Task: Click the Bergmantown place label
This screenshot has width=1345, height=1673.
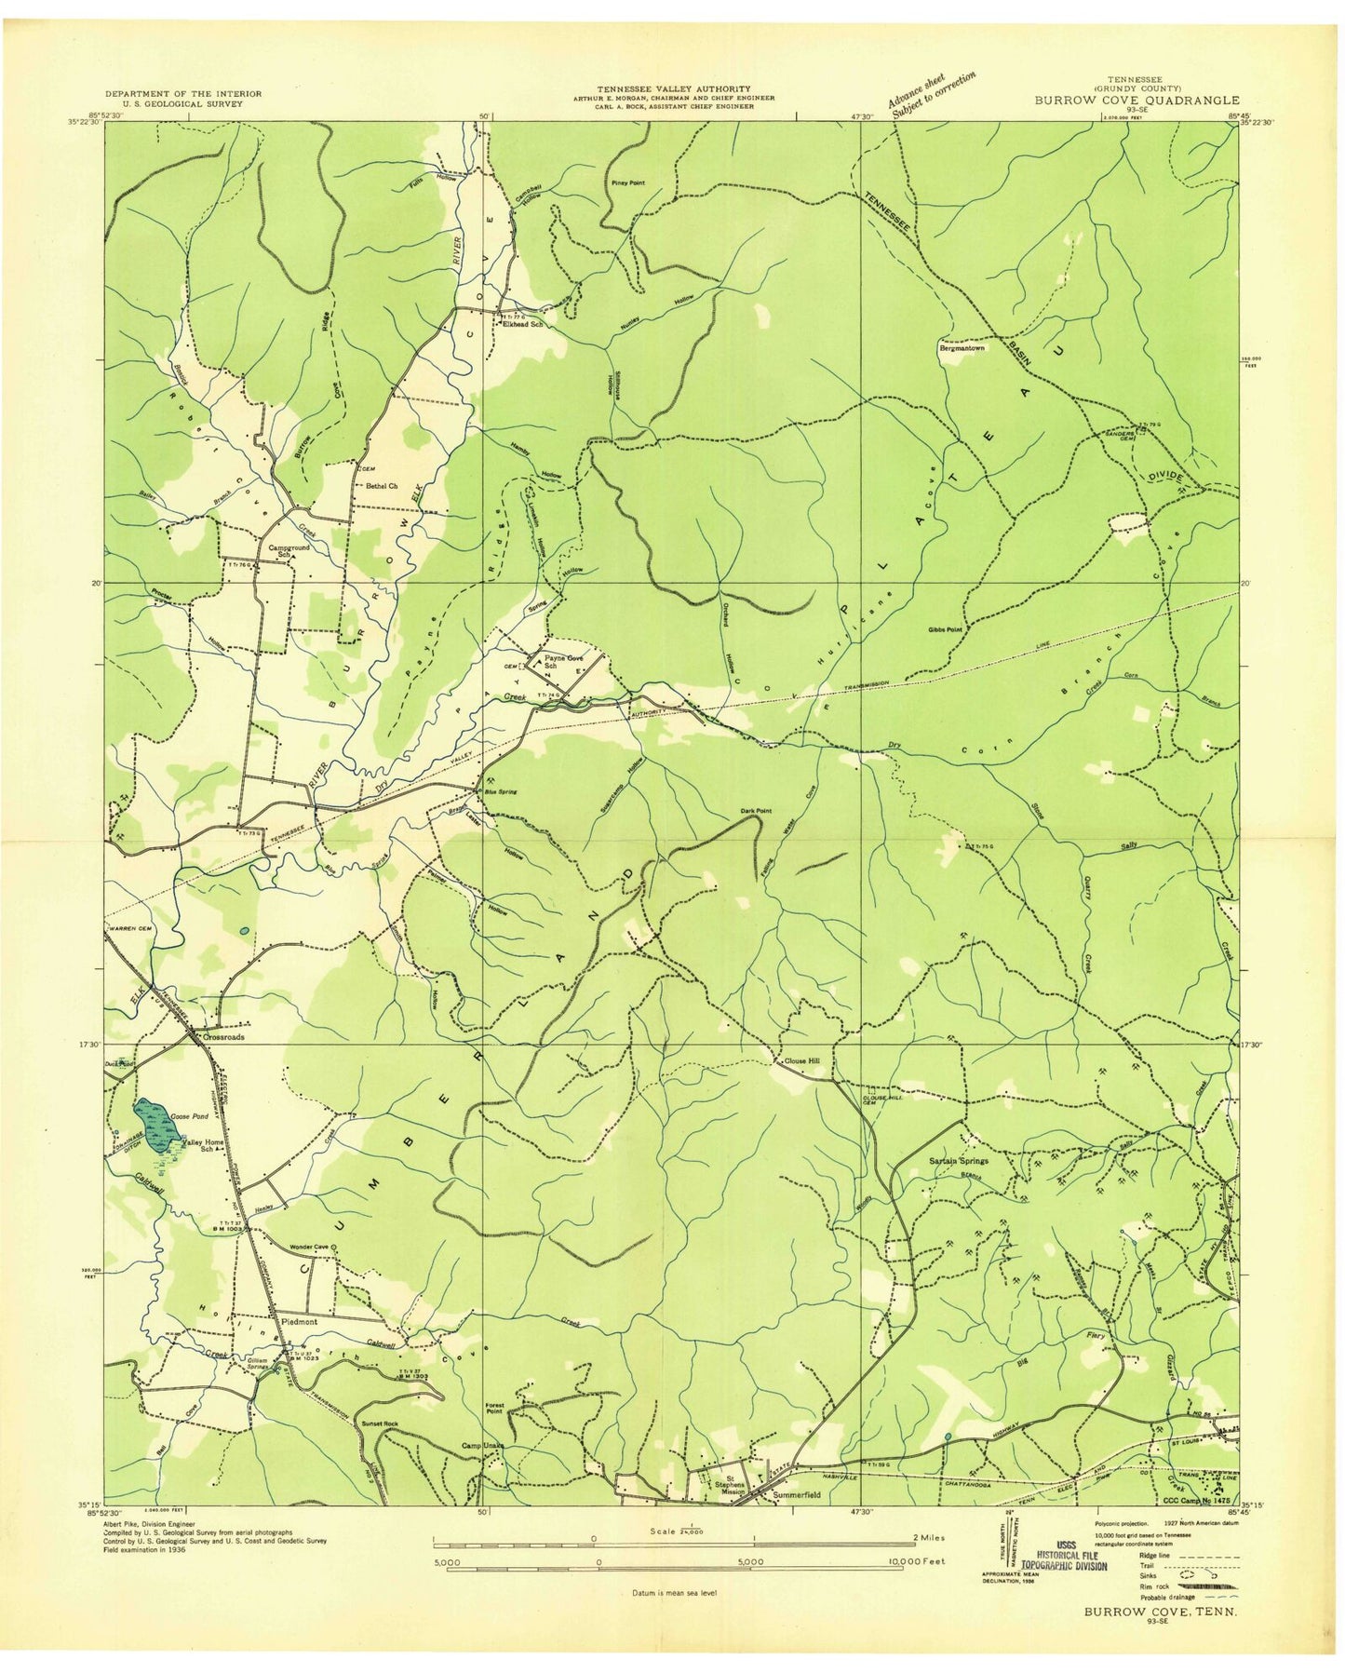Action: click(x=962, y=348)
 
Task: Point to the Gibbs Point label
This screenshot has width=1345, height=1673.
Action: click(x=943, y=630)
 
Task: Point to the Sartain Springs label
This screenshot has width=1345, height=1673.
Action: click(x=960, y=1161)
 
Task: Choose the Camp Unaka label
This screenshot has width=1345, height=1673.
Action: click(x=482, y=1472)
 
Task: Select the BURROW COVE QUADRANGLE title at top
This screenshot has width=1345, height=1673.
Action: click(x=1136, y=100)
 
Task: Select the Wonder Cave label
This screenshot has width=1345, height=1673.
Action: click(x=310, y=1247)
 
